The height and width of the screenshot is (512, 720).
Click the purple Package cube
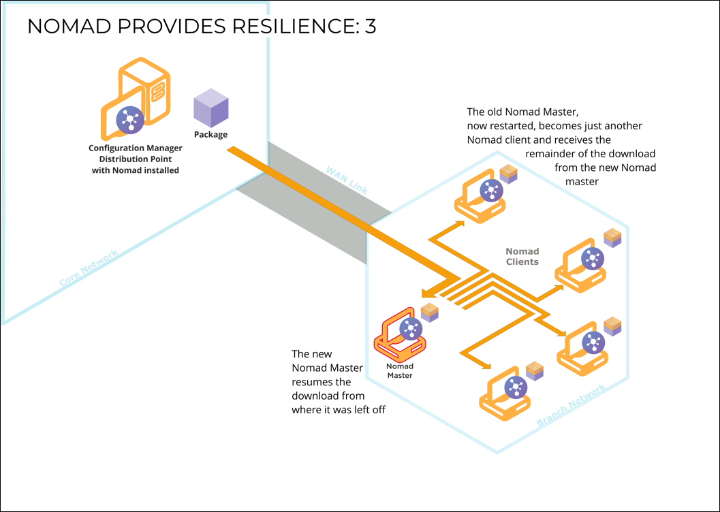point(210,108)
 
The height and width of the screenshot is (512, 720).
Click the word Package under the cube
point(210,135)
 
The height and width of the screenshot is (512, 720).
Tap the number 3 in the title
point(369,27)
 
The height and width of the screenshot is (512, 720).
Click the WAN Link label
point(347,180)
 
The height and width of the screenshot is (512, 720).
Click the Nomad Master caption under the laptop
point(399,371)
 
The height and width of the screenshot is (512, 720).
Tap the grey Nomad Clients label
point(522,257)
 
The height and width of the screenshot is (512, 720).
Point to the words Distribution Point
point(136,159)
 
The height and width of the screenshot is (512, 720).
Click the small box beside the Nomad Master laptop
point(430,313)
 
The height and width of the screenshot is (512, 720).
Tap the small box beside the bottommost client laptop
point(535,371)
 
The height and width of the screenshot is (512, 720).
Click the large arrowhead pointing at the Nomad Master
point(429,293)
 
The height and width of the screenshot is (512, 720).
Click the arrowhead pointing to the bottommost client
point(488,366)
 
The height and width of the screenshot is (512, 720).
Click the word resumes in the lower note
point(311,382)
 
